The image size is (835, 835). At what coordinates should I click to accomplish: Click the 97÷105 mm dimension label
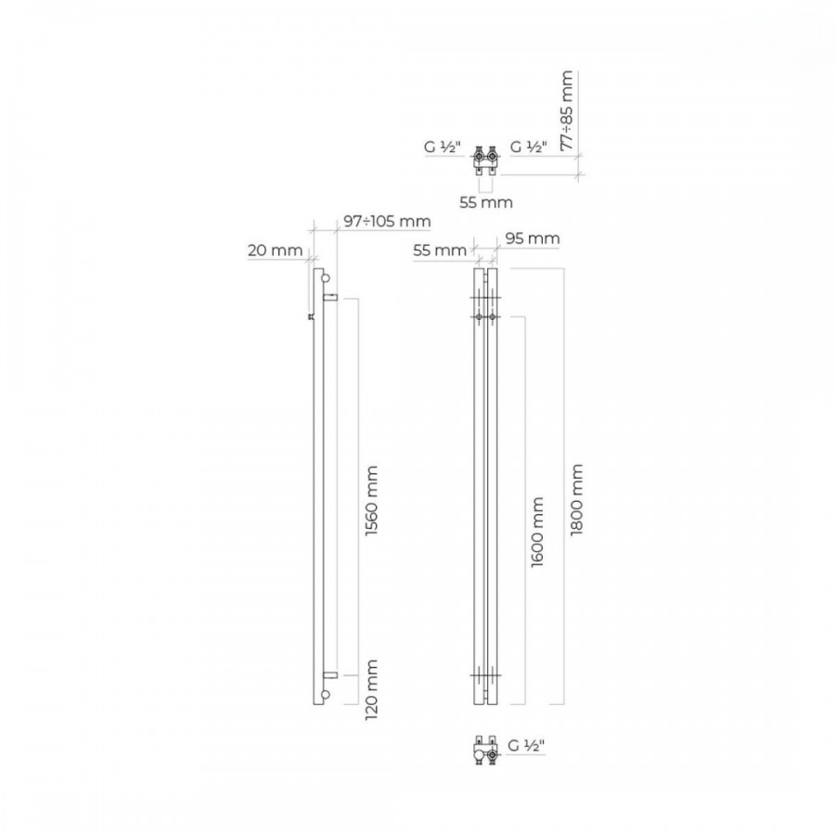[x=387, y=221]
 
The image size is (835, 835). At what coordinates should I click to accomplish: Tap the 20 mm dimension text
[x=275, y=250]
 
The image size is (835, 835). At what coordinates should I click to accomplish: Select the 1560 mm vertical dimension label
[x=371, y=501]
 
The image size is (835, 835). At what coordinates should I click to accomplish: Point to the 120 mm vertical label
[x=371, y=690]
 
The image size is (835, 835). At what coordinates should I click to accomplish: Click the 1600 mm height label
[x=537, y=532]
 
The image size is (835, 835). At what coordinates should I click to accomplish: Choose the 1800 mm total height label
[x=577, y=499]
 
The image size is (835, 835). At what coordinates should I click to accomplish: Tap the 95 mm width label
[x=532, y=238]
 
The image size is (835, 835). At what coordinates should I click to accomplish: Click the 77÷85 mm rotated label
[x=567, y=110]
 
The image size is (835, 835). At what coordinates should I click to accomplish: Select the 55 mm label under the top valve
[x=485, y=202]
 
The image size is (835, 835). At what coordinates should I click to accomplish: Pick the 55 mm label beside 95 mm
[x=440, y=250]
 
